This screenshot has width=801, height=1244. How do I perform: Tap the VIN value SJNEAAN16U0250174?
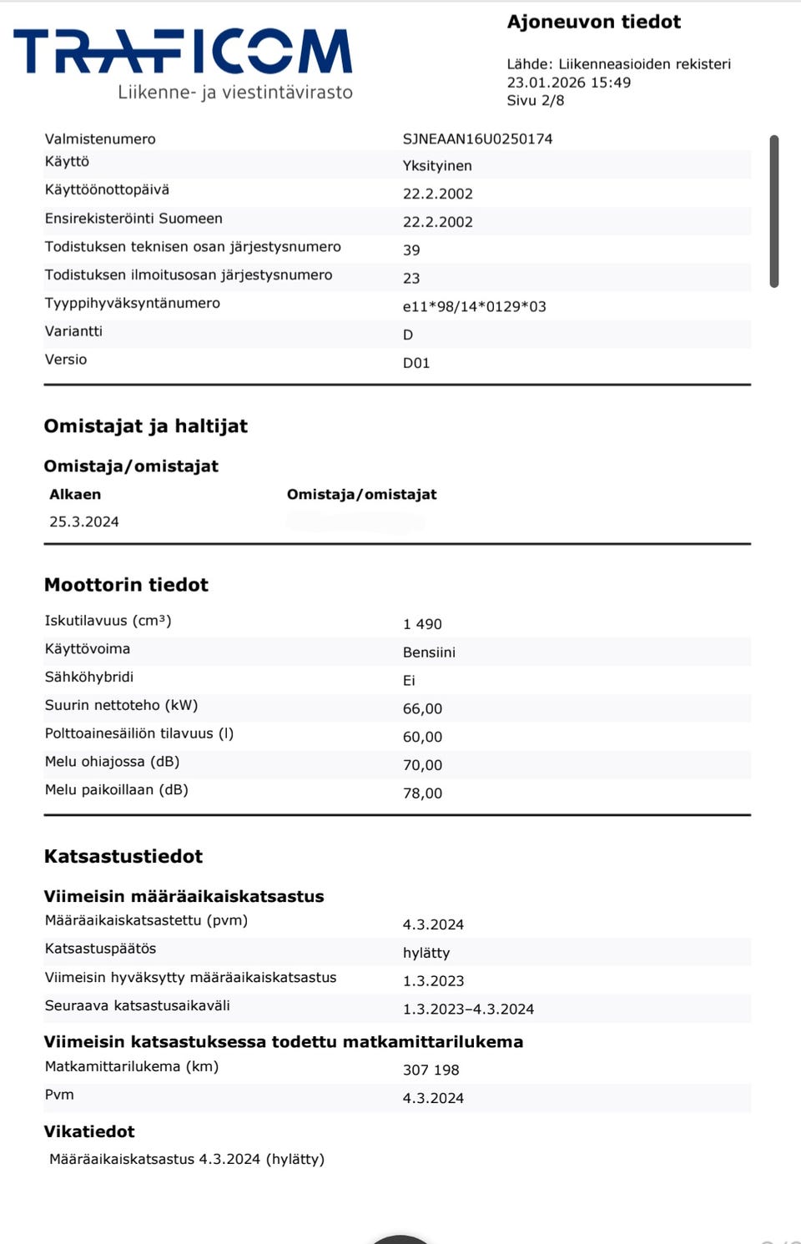(x=477, y=139)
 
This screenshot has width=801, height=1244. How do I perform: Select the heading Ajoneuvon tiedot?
(x=593, y=22)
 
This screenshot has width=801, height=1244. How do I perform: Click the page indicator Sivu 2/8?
(x=535, y=100)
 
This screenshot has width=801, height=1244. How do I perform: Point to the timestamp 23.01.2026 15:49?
(x=568, y=83)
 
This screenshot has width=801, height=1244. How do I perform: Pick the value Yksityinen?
(x=437, y=166)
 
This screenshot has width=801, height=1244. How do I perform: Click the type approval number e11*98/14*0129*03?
(x=474, y=306)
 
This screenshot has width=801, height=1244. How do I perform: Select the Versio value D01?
(x=416, y=363)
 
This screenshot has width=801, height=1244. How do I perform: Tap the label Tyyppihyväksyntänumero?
(x=132, y=303)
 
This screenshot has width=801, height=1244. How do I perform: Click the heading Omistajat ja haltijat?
(x=145, y=426)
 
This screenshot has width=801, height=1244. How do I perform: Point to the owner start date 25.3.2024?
(x=83, y=521)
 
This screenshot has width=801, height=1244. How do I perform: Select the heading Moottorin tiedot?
(x=126, y=585)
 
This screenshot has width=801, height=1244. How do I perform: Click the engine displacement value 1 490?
(x=422, y=624)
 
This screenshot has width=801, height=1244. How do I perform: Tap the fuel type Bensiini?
(x=429, y=652)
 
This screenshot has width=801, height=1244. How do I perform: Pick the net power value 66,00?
(x=422, y=708)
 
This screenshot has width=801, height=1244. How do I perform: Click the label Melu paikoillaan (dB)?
(x=116, y=789)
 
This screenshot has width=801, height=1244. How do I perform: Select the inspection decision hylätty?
(x=426, y=953)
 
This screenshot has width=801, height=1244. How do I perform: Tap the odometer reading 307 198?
(x=431, y=1070)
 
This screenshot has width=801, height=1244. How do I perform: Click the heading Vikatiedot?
(x=89, y=1131)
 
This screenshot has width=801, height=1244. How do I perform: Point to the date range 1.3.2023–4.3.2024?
(x=468, y=1009)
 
